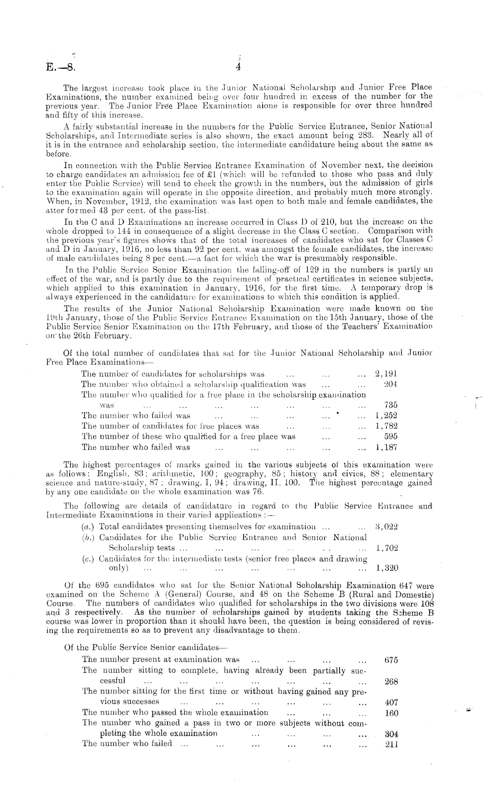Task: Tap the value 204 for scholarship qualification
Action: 390,384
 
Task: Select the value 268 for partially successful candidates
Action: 391,681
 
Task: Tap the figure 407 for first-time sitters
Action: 391,702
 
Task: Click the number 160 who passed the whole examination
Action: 391,713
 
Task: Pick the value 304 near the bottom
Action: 391,734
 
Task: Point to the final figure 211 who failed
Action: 391,744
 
